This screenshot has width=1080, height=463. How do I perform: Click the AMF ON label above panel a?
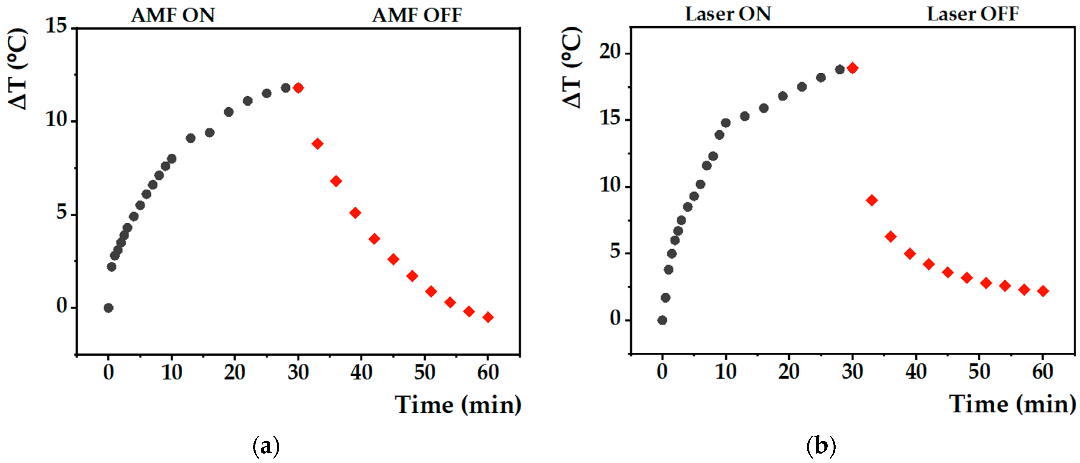click(x=173, y=16)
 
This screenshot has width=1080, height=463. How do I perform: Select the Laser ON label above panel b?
click(x=728, y=14)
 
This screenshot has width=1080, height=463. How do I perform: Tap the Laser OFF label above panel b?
click(x=972, y=14)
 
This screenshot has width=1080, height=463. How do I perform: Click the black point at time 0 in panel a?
click(x=109, y=308)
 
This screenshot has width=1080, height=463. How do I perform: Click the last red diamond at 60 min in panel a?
click(x=488, y=317)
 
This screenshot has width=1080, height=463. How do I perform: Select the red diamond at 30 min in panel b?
click(x=852, y=68)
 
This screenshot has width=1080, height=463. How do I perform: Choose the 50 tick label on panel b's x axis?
click(x=979, y=372)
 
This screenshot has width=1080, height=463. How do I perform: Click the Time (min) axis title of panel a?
click(x=458, y=405)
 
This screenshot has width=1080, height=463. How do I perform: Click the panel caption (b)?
click(x=821, y=446)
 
